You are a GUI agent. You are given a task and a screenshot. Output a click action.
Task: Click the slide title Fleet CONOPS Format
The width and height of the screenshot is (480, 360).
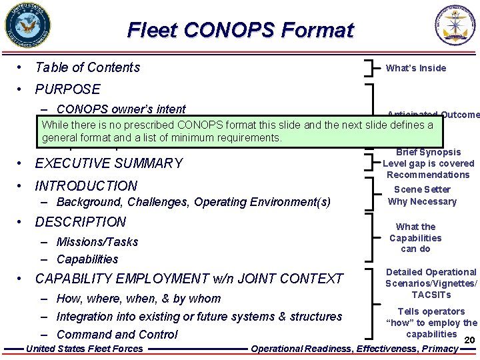click(x=240, y=30)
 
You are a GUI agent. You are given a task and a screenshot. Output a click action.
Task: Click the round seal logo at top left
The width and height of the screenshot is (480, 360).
click(x=28, y=27)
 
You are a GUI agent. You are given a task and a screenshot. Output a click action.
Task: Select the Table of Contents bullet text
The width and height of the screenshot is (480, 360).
click(x=87, y=67)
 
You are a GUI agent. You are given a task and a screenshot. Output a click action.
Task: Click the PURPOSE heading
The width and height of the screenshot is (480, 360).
click(x=67, y=89)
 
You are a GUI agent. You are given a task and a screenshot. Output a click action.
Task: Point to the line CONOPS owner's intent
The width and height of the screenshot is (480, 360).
click(x=121, y=109)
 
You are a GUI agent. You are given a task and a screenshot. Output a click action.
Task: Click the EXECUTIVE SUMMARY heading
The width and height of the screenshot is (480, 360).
click(x=109, y=163)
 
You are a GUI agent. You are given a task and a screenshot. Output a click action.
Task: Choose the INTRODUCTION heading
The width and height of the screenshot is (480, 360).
click(x=86, y=186)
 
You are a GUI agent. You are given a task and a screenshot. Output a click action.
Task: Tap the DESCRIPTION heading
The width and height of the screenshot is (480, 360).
click(x=80, y=222)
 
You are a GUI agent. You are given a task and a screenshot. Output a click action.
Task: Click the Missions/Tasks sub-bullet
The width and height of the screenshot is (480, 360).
click(x=97, y=242)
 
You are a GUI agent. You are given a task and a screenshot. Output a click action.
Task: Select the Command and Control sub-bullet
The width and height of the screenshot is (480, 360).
click(x=117, y=335)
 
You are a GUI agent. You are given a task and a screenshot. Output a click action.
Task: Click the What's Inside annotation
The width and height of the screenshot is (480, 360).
click(x=416, y=68)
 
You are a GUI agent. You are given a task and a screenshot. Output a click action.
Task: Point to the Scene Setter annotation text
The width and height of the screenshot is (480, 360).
click(x=422, y=189)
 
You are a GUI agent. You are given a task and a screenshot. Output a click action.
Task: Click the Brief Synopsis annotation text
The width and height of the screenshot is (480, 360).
click(x=428, y=152)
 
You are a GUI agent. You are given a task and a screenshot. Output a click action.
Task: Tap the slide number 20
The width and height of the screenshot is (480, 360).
click(x=467, y=341)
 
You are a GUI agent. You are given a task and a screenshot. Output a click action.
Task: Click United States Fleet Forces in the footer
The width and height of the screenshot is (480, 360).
click(x=84, y=349)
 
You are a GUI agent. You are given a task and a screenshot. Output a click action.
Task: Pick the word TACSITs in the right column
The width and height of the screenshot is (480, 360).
click(x=431, y=295)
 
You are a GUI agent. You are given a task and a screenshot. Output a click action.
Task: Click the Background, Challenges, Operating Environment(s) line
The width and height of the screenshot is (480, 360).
click(x=193, y=202)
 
